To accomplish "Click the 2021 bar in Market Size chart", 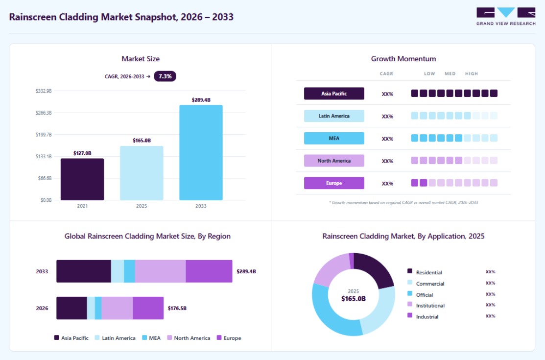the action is (x=82, y=179).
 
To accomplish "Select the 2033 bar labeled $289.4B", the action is (x=201, y=152).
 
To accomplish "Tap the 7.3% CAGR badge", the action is (x=165, y=76).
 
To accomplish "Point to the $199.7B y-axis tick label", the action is (x=44, y=135).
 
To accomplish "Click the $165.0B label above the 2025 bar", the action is (x=142, y=141).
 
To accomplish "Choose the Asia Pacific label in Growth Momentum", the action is (x=334, y=94).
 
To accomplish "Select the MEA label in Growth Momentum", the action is (x=334, y=139).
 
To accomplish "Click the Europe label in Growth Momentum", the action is (x=334, y=183).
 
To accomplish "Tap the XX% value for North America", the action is (x=387, y=161).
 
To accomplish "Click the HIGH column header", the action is (x=472, y=74).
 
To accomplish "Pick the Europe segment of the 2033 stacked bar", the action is (x=209, y=271).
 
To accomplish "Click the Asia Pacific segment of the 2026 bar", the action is (x=71, y=308).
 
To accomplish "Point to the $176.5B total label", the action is (x=177, y=308).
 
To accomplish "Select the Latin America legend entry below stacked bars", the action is (x=115, y=338).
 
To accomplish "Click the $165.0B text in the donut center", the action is (x=354, y=299).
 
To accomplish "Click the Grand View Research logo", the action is (x=506, y=16).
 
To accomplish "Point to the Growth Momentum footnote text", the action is (x=403, y=202).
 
